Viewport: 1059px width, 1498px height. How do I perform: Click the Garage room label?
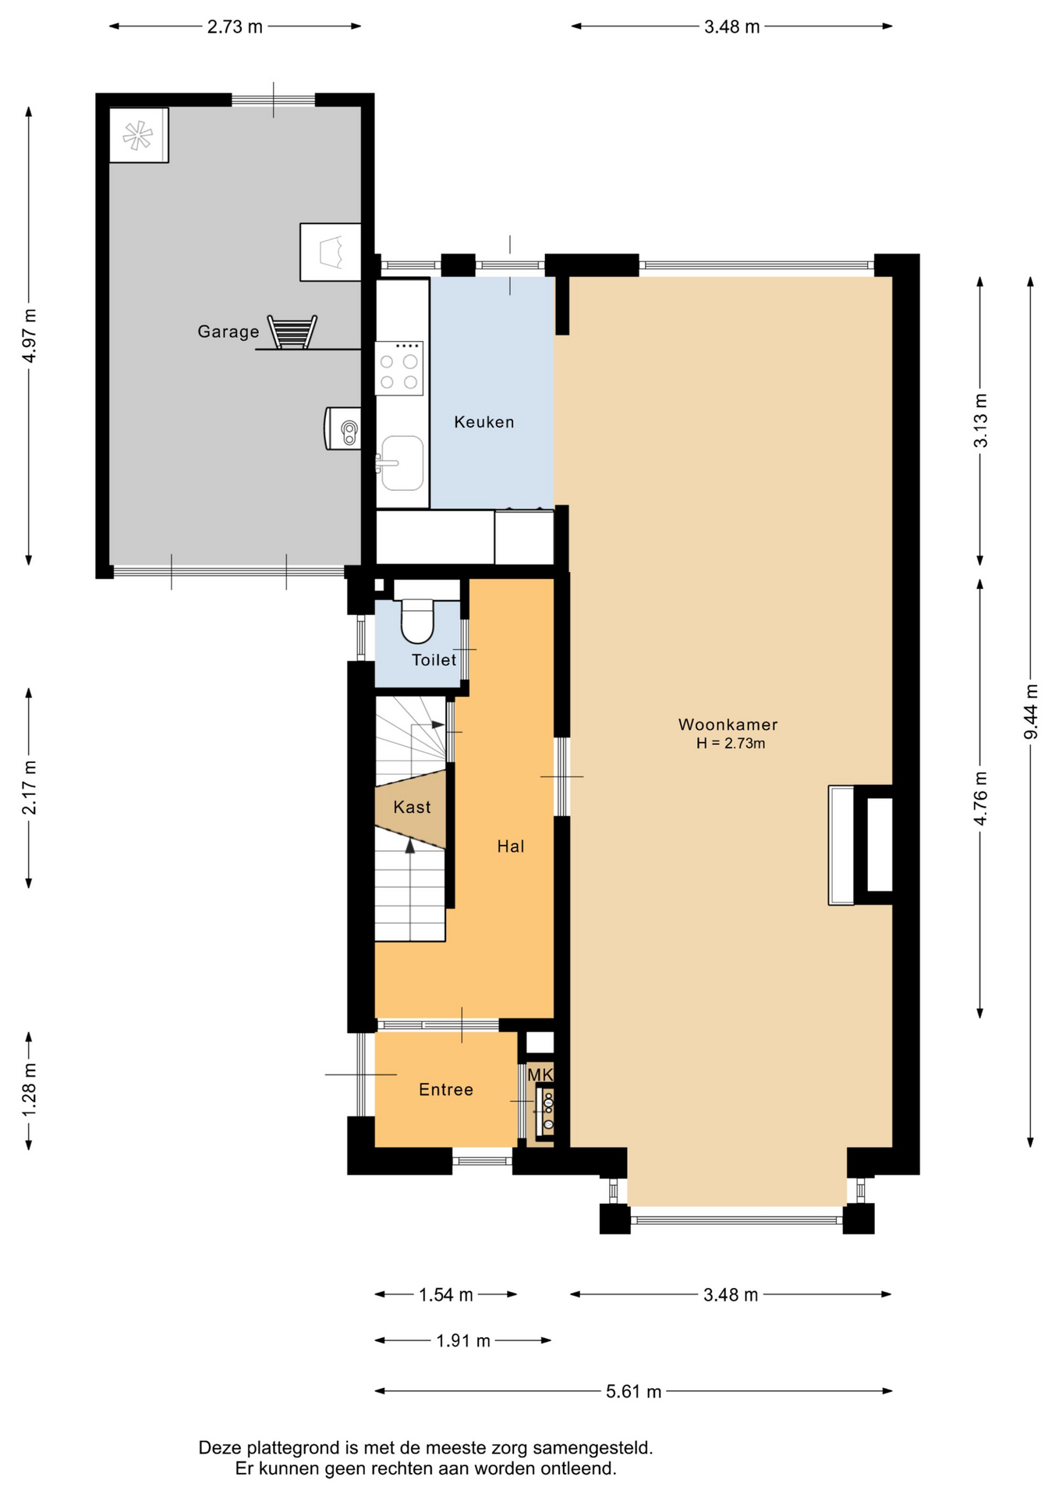(228, 332)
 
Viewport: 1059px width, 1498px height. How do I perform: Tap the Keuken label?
(484, 422)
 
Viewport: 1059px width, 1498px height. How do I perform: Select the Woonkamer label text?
(728, 725)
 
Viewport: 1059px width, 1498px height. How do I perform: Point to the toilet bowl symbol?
(417, 620)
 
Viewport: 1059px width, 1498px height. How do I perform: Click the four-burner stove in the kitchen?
(399, 368)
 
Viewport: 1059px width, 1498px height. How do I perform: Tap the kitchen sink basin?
(402, 463)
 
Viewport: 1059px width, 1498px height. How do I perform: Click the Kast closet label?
(412, 808)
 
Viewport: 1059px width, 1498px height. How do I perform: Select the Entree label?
(446, 1090)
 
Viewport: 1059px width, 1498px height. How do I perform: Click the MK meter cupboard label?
(540, 1075)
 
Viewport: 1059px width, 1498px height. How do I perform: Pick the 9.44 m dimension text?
(1031, 712)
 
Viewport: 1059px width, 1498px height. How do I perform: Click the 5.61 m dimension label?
(634, 1391)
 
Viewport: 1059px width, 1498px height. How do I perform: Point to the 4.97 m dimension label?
(29, 335)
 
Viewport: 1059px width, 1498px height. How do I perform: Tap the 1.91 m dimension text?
(463, 1340)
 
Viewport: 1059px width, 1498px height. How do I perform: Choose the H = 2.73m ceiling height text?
(731, 744)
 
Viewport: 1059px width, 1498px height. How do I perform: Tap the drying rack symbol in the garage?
(292, 332)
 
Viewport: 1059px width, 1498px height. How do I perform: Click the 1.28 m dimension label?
(29, 1090)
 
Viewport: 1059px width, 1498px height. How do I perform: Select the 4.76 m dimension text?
(980, 797)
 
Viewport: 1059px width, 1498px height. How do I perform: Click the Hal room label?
(511, 847)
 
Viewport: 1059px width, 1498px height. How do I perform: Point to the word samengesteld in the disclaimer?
(593, 1448)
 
